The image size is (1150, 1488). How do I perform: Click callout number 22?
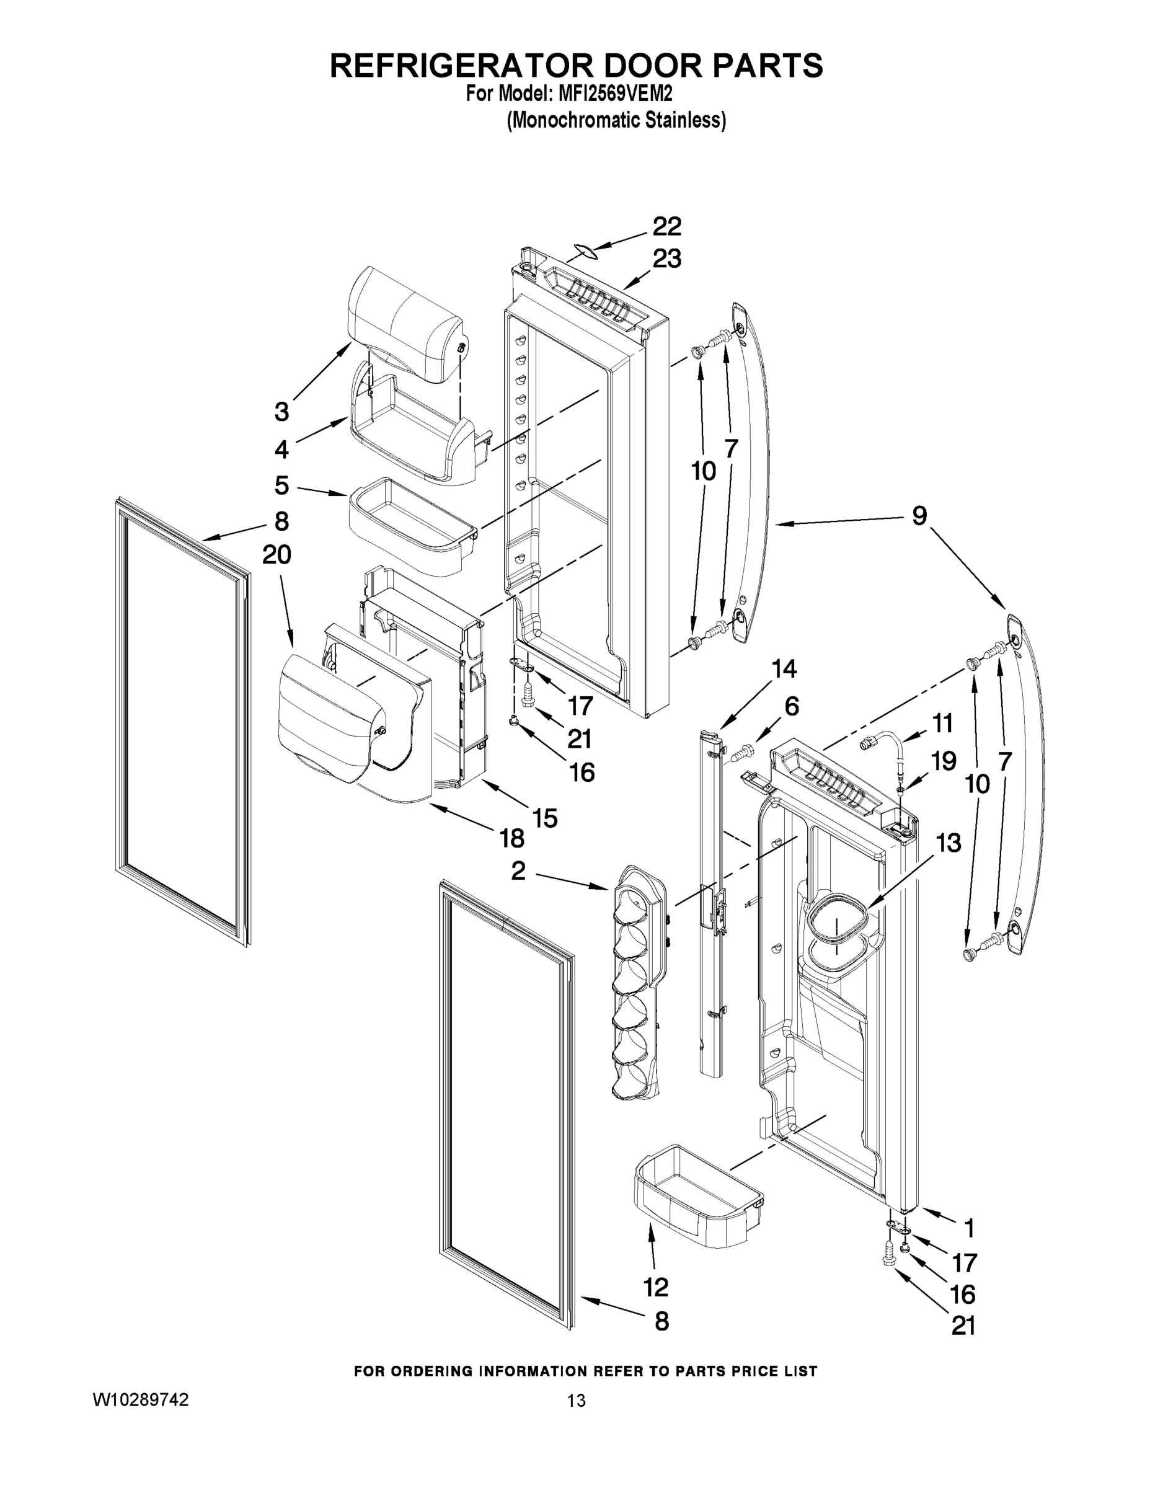tap(667, 226)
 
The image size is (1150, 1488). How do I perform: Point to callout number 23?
tap(667, 259)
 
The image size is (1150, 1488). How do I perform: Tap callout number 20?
tap(276, 555)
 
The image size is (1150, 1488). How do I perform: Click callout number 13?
tap(949, 843)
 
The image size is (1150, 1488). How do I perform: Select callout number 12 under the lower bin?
tap(655, 1287)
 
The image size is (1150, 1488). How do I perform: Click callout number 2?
tap(518, 870)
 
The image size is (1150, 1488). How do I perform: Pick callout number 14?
tap(784, 669)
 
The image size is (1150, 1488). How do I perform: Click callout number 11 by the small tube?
tap(943, 723)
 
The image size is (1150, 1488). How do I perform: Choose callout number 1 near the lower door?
tap(968, 1228)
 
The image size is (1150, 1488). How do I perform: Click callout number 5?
tap(281, 486)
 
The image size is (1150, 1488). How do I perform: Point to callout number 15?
tap(545, 818)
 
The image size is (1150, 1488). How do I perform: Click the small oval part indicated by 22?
tap(583, 252)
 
